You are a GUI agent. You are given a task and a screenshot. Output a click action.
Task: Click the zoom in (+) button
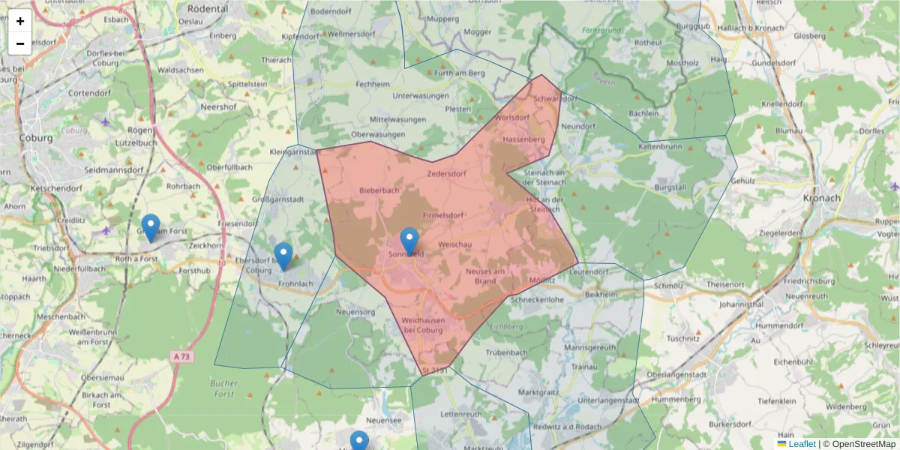pyautogui.click(x=20, y=21)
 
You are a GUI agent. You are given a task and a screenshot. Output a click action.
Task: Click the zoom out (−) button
pyautogui.click(x=20, y=43)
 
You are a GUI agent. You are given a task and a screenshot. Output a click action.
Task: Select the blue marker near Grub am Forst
pyautogui.click(x=151, y=227)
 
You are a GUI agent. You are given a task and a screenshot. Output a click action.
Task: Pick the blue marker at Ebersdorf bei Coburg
pyautogui.click(x=283, y=256)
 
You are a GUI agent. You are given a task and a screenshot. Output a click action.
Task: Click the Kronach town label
pyautogui.click(x=821, y=199)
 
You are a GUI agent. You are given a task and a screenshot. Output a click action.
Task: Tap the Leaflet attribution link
pyautogui.click(x=802, y=444)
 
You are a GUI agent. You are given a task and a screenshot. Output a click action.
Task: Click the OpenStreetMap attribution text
pyautogui.click(x=859, y=444)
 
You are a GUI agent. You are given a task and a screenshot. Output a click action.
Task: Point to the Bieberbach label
pyautogui.click(x=379, y=190)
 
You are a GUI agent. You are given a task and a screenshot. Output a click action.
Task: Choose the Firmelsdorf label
pyautogui.click(x=444, y=216)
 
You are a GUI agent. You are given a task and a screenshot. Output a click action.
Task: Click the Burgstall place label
pyautogui.click(x=670, y=185)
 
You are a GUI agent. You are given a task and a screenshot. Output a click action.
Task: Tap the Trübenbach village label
pyautogui.click(x=506, y=352)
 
